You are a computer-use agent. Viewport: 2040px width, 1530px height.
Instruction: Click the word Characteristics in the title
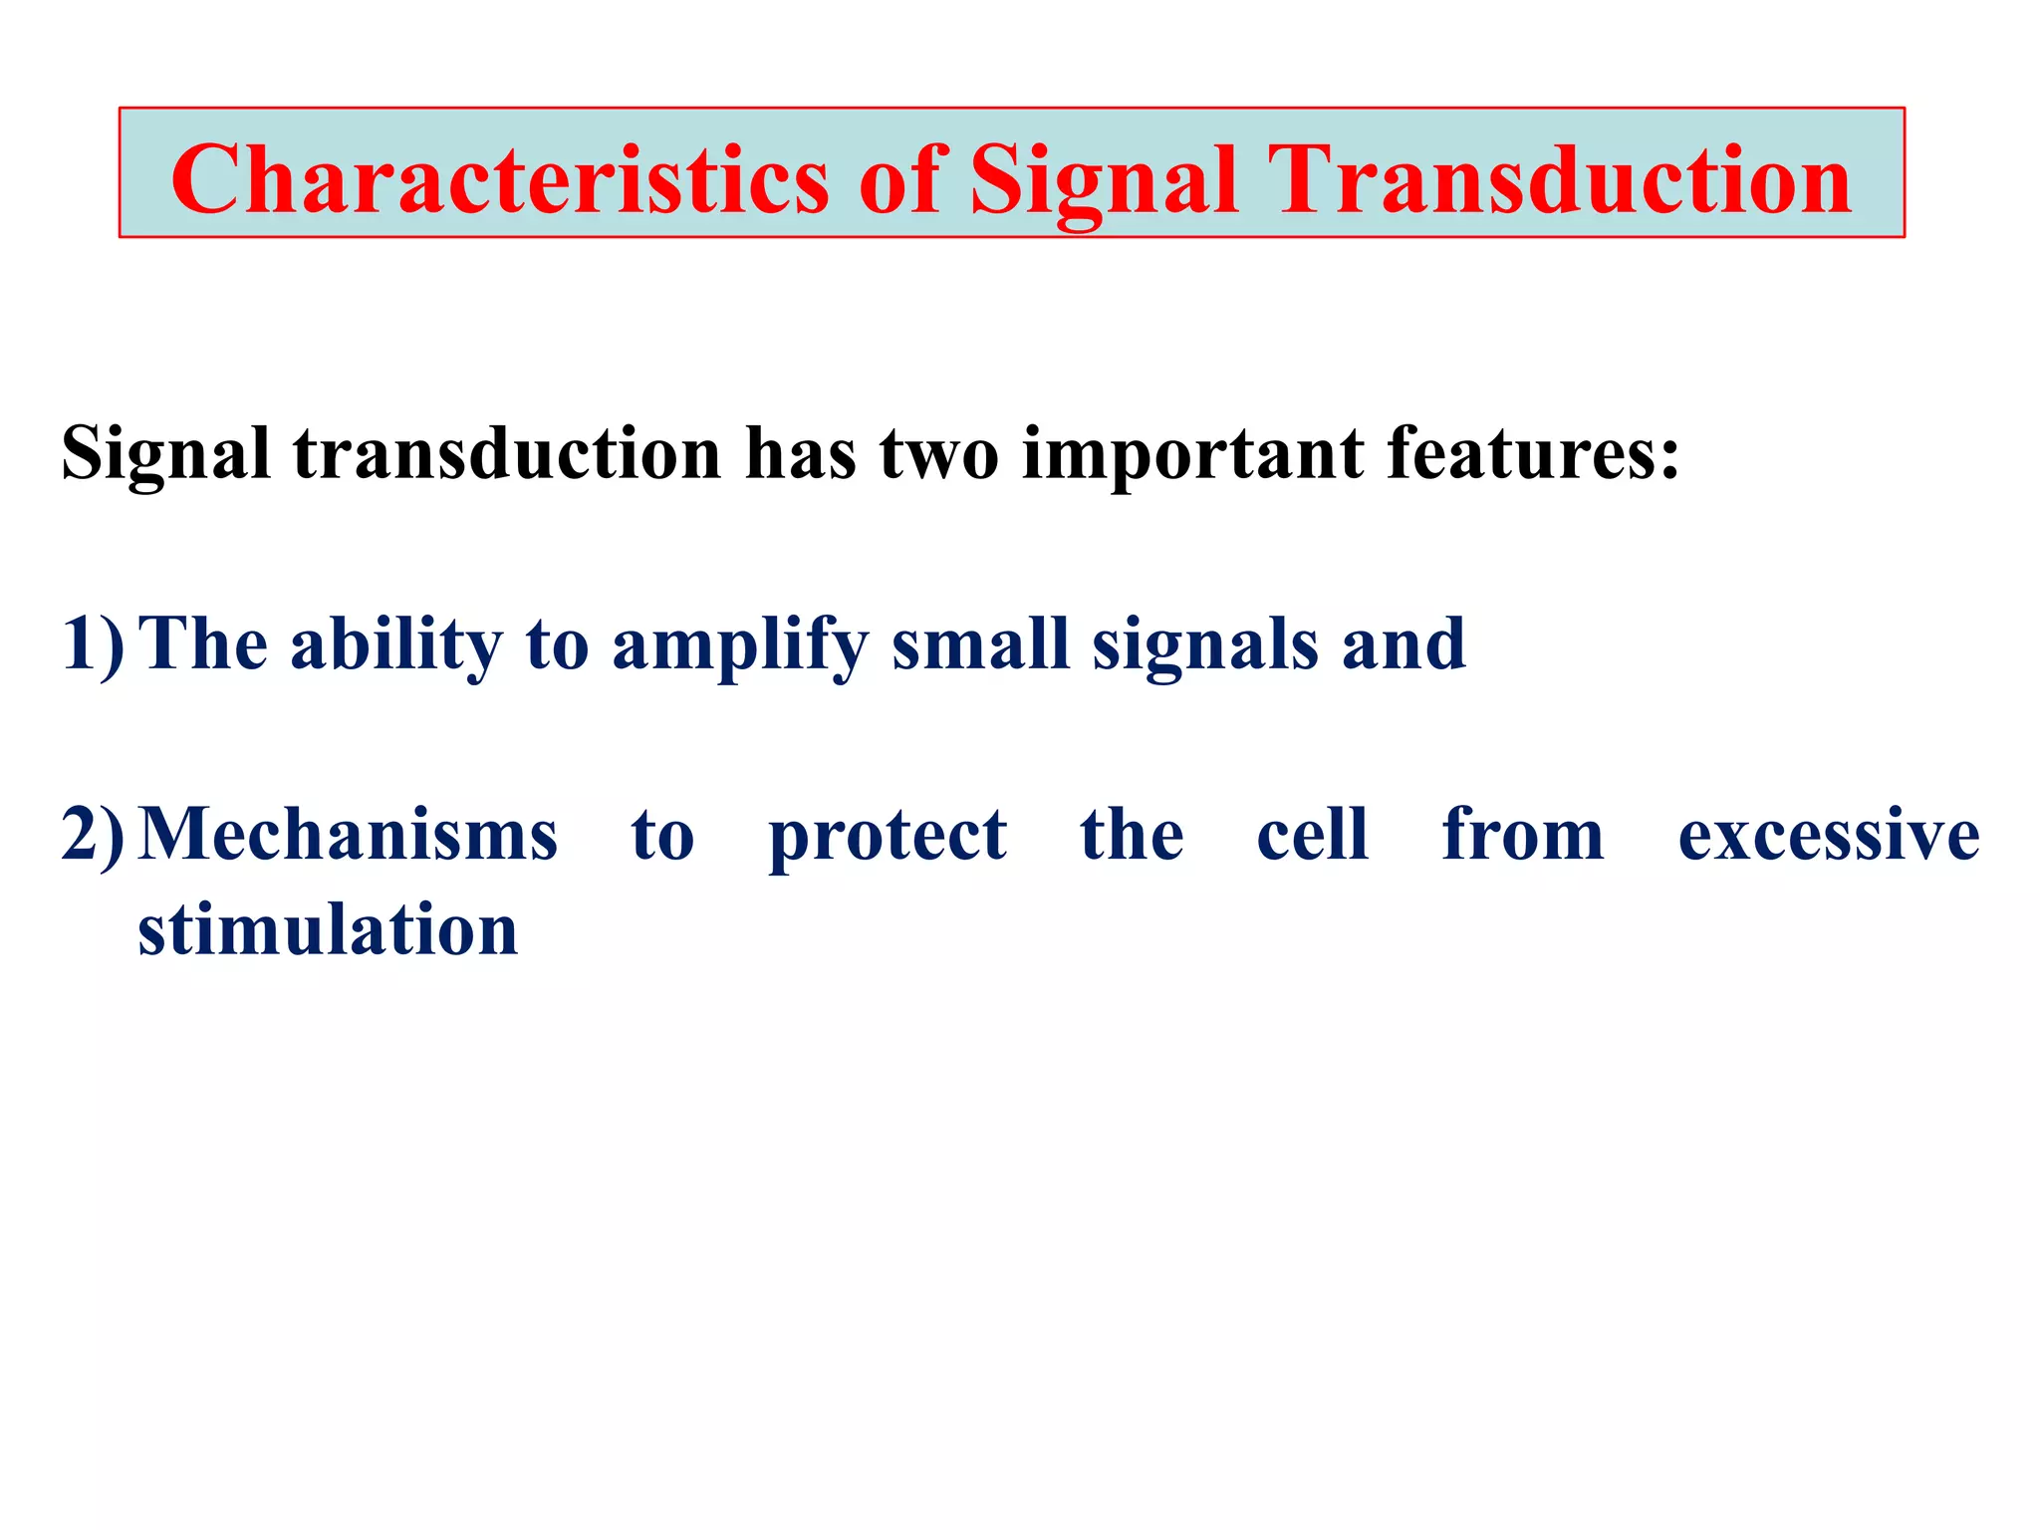click(x=500, y=179)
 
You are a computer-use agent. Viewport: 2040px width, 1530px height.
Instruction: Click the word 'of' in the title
click(x=899, y=179)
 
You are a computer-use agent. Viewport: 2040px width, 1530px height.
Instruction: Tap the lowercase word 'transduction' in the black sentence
click(x=507, y=453)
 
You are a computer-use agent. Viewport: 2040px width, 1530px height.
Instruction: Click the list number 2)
click(x=93, y=835)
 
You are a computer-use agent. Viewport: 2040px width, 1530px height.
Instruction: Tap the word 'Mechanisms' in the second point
click(x=348, y=835)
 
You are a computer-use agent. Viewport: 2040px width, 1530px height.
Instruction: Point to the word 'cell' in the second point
click(x=1312, y=835)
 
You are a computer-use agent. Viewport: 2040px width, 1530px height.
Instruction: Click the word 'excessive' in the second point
click(x=1829, y=835)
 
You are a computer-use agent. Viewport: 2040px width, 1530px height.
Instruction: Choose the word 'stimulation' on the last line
click(x=328, y=929)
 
